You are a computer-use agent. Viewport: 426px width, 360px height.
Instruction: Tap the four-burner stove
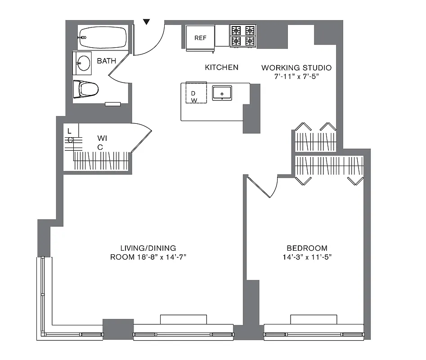[243, 36]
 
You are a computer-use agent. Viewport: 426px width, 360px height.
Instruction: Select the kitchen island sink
[222, 94]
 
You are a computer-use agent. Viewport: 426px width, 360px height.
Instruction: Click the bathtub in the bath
[102, 37]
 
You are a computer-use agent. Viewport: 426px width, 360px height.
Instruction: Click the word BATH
[106, 61]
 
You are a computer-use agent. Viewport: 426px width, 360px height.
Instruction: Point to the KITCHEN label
[221, 67]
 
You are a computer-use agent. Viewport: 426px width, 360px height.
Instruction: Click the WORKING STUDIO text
[296, 67]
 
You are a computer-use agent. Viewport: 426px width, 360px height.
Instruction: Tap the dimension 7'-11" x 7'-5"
[296, 76]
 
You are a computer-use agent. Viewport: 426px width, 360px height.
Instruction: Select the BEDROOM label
[307, 248]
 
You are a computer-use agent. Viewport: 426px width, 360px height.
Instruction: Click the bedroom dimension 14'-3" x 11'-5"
[307, 257]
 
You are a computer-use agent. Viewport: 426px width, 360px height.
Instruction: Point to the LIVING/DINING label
[148, 248]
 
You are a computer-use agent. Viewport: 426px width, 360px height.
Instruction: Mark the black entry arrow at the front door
[147, 22]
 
